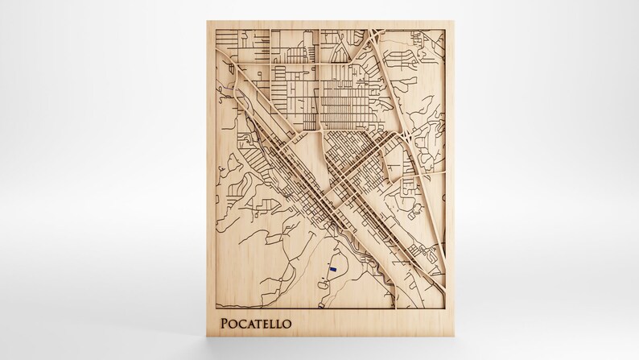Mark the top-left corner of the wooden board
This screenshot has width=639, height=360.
[x=207, y=22]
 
